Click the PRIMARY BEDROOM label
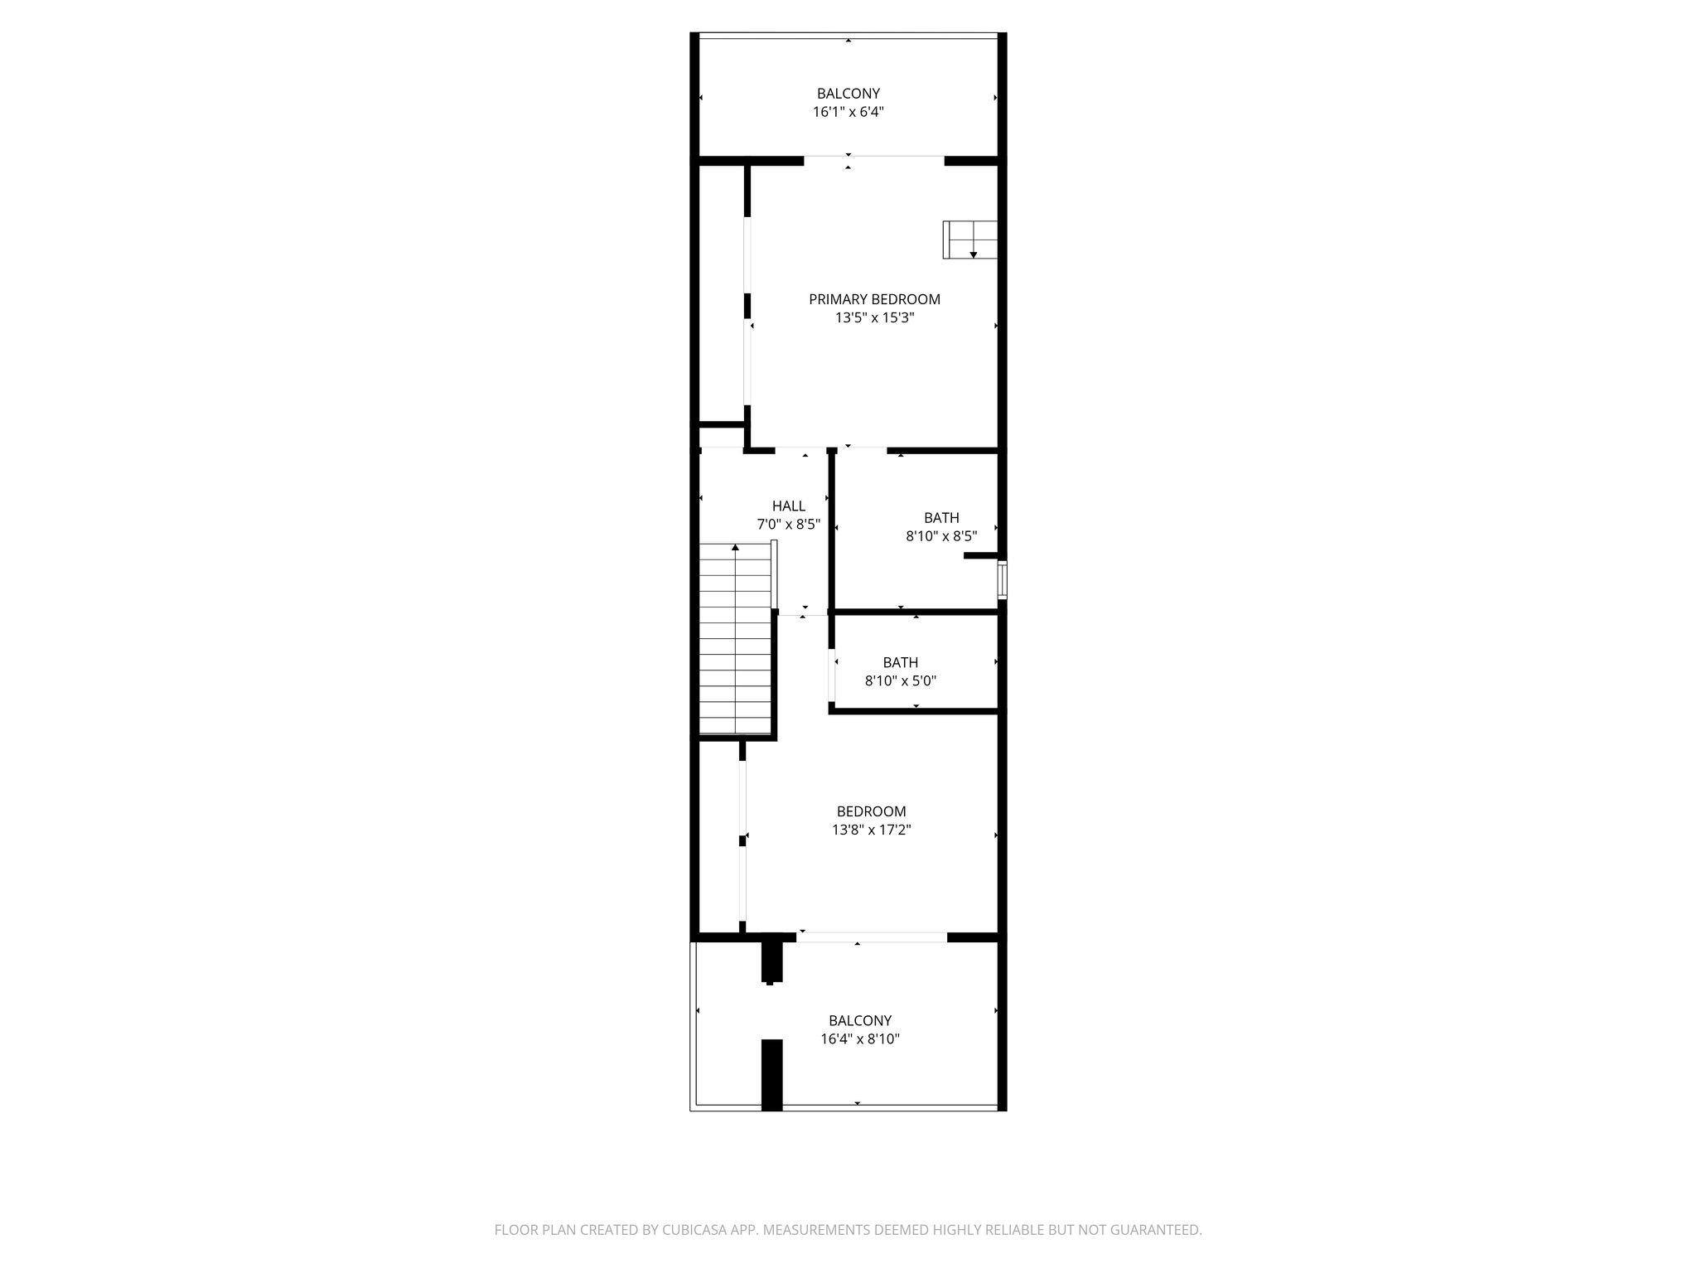(x=874, y=299)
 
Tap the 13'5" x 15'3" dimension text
(x=874, y=317)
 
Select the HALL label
(x=789, y=506)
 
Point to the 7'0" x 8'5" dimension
(x=789, y=524)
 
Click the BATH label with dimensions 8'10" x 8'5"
(x=941, y=518)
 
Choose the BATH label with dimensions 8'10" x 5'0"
(x=901, y=662)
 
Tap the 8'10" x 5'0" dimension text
(x=901, y=681)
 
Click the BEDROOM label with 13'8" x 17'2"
(x=872, y=811)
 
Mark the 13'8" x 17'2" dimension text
(x=872, y=830)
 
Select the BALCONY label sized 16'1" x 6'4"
(x=848, y=94)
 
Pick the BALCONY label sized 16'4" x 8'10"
(x=860, y=1021)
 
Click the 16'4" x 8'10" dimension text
(x=860, y=1039)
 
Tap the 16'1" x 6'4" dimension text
(x=848, y=112)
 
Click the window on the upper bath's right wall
(x=1002, y=579)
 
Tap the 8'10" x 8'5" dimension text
(x=941, y=536)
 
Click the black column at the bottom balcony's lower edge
(x=772, y=1075)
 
